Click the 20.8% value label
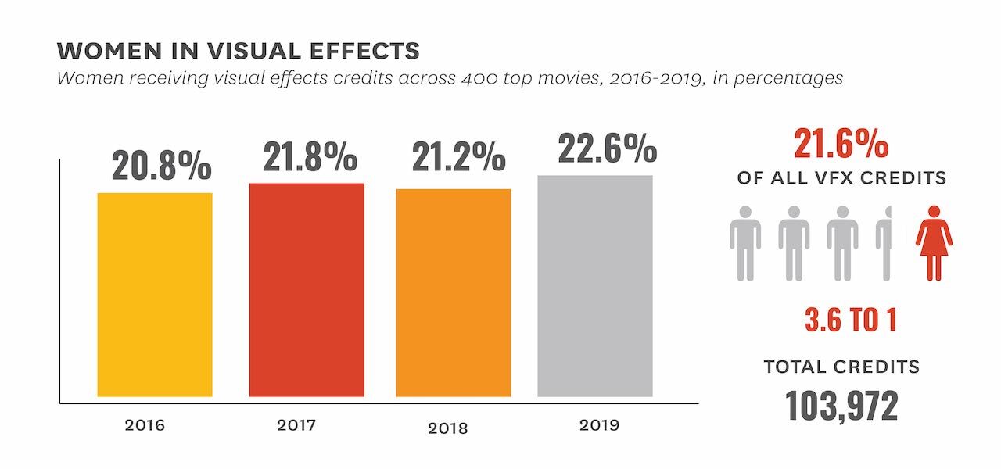coord(161,166)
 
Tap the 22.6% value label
coord(607,148)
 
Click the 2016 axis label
coord(145,426)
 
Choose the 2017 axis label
coord(296,426)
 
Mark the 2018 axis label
coord(448,428)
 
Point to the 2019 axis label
coord(599,426)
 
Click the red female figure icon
coord(934,243)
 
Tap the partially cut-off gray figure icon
coord(884,243)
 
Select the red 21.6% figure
coord(841,145)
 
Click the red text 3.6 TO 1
coord(850,320)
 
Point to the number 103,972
coord(841,406)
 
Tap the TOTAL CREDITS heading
coord(841,367)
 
